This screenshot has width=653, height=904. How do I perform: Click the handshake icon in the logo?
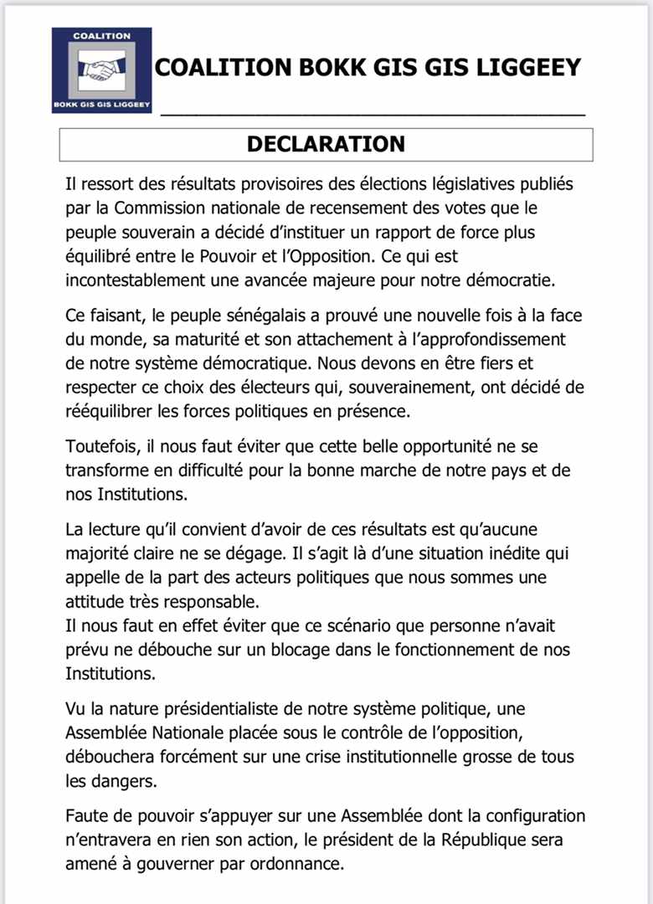click(x=101, y=68)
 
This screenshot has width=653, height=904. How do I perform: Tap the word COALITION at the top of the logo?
click(x=101, y=36)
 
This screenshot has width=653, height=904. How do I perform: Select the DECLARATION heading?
click(x=326, y=144)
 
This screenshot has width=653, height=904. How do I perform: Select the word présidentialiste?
click(x=216, y=709)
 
